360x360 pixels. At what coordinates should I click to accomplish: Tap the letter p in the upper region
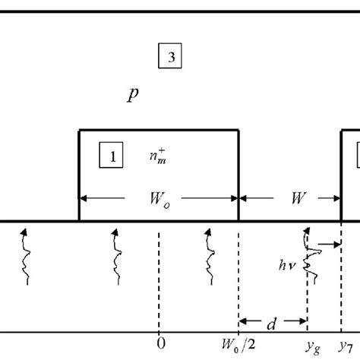pos(134,95)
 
